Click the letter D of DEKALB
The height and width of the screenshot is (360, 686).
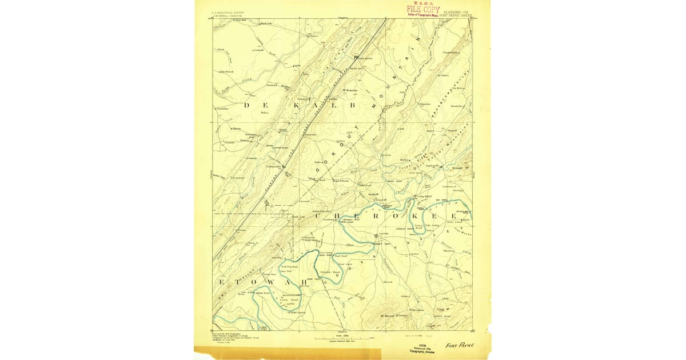[248, 105]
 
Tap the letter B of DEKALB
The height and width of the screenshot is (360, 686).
[352, 105]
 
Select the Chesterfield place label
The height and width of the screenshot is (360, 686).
[450, 53]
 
